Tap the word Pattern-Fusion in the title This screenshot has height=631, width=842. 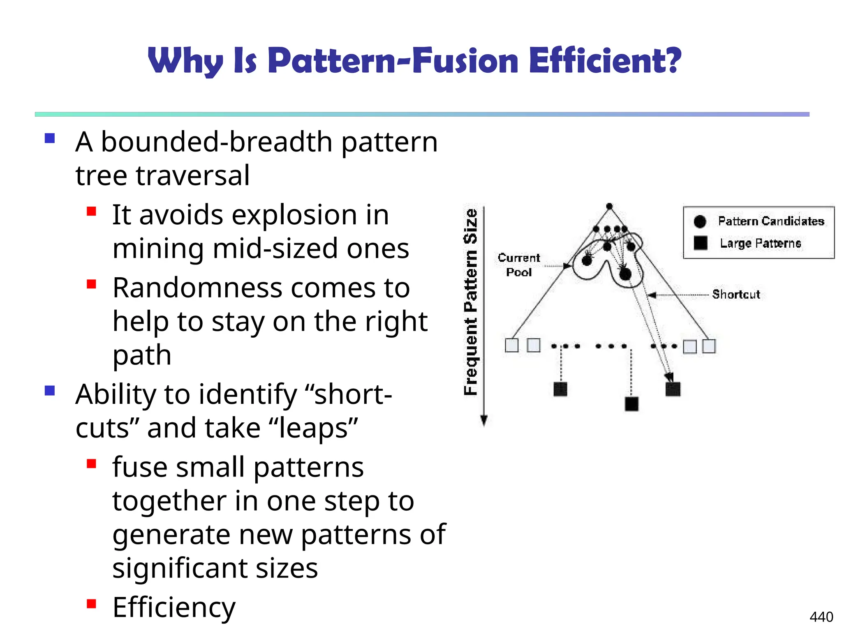pyautogui.click(x=393, y=61)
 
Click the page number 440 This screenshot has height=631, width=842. pyautogui.click(x=821, y=617)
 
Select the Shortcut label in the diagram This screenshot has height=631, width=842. pyautogui.click(x=736, y=294)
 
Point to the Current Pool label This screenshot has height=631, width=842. pyautogui.click(x=519, y=265)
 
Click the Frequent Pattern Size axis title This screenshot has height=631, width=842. pyautogui.click(x=471, y=302)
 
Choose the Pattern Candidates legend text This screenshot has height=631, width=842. pyautogui.click(x=771, y=221)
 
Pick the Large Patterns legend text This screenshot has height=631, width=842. pyautogui.click(x=760, y=243)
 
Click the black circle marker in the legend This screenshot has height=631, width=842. pyautogui.click(x=700, y=221)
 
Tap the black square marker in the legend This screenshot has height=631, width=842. pyautogui.click(x=700, y=243)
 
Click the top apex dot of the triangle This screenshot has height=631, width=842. pyautogui.click(x=609, y=206)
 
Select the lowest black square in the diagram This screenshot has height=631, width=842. pyautogui.click(x=631, y=404)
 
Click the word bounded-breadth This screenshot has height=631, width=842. pyautogui.click(x=217, y=142)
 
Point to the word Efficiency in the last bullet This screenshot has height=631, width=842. pyautogui.click(x=174, y=607)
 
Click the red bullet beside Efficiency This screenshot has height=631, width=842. pyautogui.click(x=91, y=604)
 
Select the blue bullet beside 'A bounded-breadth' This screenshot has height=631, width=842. pyautogui.click(x=50, y=138)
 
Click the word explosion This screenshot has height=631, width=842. pyautogui.click(x=301, y=215)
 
